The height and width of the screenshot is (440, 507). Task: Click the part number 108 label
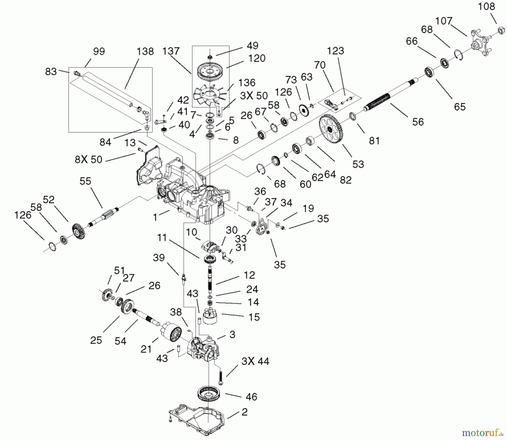(486, 6)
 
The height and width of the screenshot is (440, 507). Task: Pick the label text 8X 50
(88, 160)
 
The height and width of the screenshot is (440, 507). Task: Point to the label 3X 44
(255, 361)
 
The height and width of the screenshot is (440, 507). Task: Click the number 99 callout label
(99, 51)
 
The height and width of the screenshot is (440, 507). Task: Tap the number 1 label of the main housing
(155, 218)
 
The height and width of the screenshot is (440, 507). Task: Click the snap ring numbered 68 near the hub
(459, 55)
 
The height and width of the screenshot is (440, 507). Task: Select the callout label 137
(171, 51)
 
